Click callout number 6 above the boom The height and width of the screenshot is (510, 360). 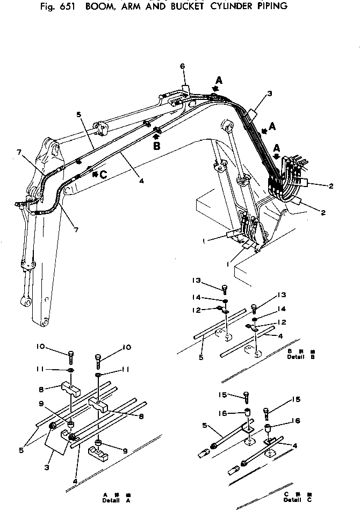click(182, 66)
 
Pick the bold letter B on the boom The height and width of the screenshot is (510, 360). click(156, 145)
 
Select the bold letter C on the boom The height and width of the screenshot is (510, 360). click(104, 174)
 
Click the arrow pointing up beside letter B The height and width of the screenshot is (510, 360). click(156, 136)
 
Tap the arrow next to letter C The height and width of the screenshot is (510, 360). click(95, 174)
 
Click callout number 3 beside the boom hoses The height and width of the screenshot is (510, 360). click(269, 94)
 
